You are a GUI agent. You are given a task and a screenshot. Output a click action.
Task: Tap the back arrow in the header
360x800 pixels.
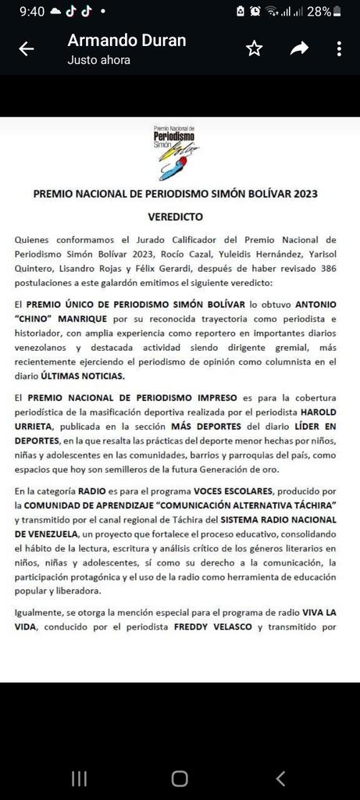tap(26, 49)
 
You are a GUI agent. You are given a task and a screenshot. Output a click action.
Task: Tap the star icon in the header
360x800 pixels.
tap(254, 49)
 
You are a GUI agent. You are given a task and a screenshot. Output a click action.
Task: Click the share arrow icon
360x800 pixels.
tap(299, 49)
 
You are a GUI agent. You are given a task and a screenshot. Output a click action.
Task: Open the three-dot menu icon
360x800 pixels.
tap(339, 49)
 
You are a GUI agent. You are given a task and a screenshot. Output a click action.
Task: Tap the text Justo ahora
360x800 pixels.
tap(98, 59)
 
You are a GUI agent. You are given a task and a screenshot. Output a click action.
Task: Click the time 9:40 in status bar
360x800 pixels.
tap(32, 11)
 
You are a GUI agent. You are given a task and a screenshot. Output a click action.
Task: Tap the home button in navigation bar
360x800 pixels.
tap(180, 777)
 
